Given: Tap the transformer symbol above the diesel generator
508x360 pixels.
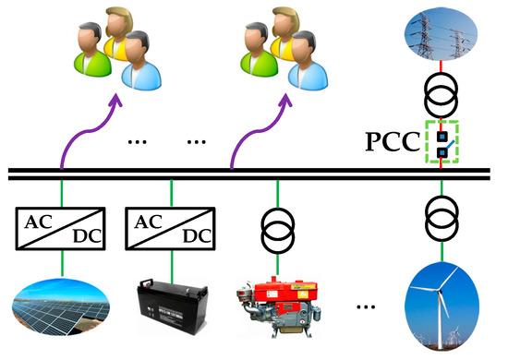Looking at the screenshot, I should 276,227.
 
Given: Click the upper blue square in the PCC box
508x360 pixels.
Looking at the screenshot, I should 442,134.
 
